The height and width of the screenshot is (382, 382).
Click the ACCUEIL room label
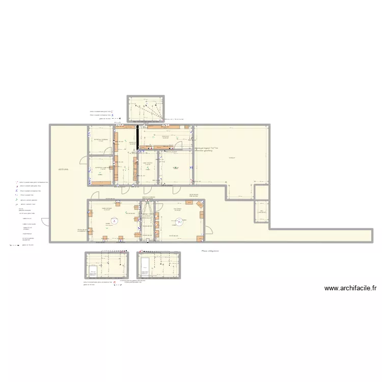64,169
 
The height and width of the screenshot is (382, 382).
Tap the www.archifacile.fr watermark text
350,288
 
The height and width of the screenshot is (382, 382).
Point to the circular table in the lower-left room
115,221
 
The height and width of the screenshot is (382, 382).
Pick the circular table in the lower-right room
179,221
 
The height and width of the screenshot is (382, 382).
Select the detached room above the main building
146,109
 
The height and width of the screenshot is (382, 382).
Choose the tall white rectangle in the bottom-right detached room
145,267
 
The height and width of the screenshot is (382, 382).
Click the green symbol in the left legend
17,201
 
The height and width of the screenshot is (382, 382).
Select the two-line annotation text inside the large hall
206,149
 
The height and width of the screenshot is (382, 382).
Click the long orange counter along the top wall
163,127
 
